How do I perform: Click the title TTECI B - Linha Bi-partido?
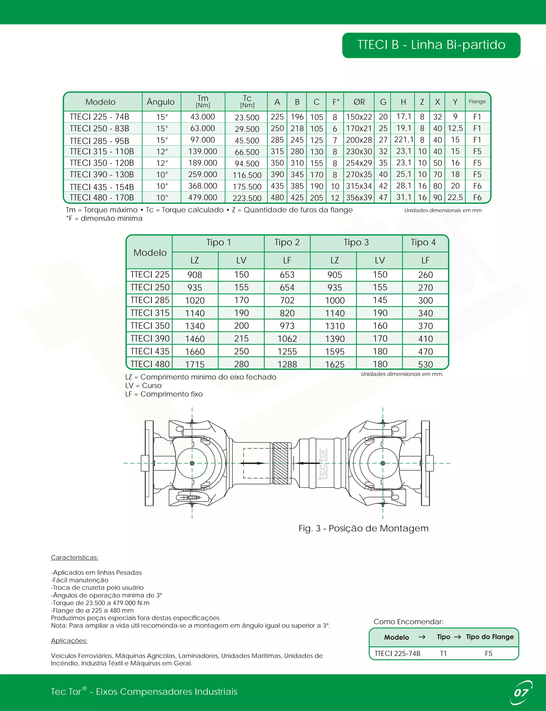click(x=431, y=45)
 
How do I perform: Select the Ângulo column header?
click(x=160, y=102)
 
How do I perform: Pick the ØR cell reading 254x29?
click(x=359, y=163)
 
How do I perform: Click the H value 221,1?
click(x=403, y=140)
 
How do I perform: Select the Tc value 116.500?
click(x=247, y=175)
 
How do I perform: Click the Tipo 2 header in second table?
click(x=287, y=242)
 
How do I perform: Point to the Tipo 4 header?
click(x=423, y=242)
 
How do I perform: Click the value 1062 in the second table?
click(x=287, y=339)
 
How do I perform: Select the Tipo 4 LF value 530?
click(x=425, y=364)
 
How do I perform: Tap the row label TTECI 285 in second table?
click(x=150, y=300)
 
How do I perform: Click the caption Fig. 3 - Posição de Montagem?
click(x=363, y=528)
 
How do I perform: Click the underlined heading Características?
click(x=74, y=558)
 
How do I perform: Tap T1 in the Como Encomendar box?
click(x=443, y=653)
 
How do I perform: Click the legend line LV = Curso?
click(x=143, y=385)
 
